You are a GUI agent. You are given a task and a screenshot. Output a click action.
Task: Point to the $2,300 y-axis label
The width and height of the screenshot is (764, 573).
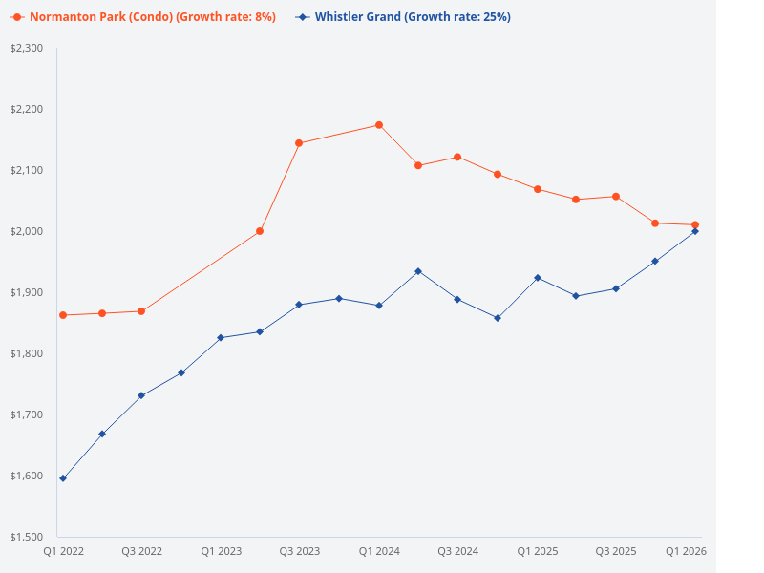click(x=27, y=48)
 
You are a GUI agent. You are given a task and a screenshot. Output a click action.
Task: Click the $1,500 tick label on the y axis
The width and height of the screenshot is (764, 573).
click(x=27, y=537)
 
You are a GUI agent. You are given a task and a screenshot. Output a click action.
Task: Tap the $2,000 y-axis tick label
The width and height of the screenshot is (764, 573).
click(x=27, y=231)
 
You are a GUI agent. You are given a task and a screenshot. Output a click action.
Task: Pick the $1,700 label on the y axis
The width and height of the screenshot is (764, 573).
click(x=27, y=414)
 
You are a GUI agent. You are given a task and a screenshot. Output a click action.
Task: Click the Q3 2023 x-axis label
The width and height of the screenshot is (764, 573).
click(x=299, y=552)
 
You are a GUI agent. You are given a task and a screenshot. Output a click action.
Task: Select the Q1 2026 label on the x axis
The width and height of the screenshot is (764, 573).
click(x=686, y=552)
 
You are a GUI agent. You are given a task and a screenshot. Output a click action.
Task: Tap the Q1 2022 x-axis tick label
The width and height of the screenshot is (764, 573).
click(x=63, y=552)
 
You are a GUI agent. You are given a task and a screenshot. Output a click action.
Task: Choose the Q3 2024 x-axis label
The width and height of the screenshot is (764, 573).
click(x=457, y=552)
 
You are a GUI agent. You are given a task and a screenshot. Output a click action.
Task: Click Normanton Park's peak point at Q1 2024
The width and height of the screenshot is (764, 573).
click(x=379, y=125)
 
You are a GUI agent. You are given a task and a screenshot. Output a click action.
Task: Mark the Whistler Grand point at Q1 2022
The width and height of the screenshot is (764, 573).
click(x=63, y=478)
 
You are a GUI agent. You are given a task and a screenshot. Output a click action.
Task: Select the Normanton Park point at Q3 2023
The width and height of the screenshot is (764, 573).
click(x=299, y=143)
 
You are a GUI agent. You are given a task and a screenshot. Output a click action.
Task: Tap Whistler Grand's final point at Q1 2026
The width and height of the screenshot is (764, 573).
click(x=695, y=231)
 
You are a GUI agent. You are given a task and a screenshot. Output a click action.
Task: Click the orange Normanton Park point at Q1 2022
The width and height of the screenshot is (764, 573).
click(x=63, y=315)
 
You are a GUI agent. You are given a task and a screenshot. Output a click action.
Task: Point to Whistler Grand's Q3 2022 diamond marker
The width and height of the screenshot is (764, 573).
click(x=141, y=395)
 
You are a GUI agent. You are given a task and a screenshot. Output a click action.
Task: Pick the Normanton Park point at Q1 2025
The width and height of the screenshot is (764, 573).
click(x=538, y=189)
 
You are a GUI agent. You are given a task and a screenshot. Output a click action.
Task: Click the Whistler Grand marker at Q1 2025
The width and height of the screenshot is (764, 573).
click(x=538, y=278)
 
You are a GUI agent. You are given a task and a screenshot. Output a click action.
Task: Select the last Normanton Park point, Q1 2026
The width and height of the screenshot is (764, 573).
click(x=695, y=224)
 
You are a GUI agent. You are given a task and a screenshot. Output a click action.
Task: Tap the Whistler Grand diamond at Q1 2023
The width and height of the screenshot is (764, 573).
click(x=221, y=338)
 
